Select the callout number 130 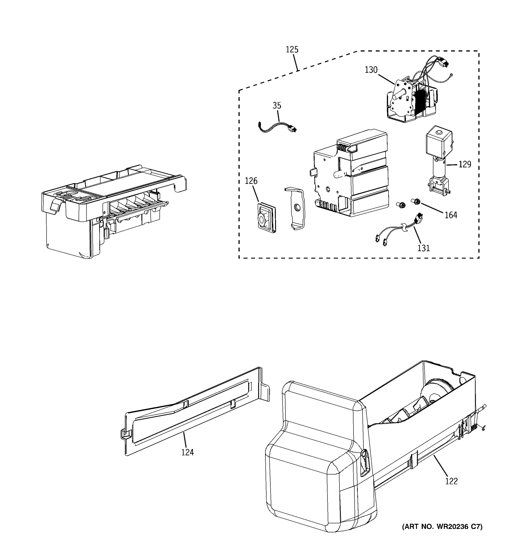[371, 70]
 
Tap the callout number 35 [277, 106]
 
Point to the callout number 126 [251, 181]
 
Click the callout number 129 [465, 164]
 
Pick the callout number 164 [451, 215]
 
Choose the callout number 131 [423, 248]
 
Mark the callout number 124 [187, 452]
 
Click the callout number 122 [451, 481]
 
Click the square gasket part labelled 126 [266, 218]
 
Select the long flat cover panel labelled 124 [194, 414]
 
